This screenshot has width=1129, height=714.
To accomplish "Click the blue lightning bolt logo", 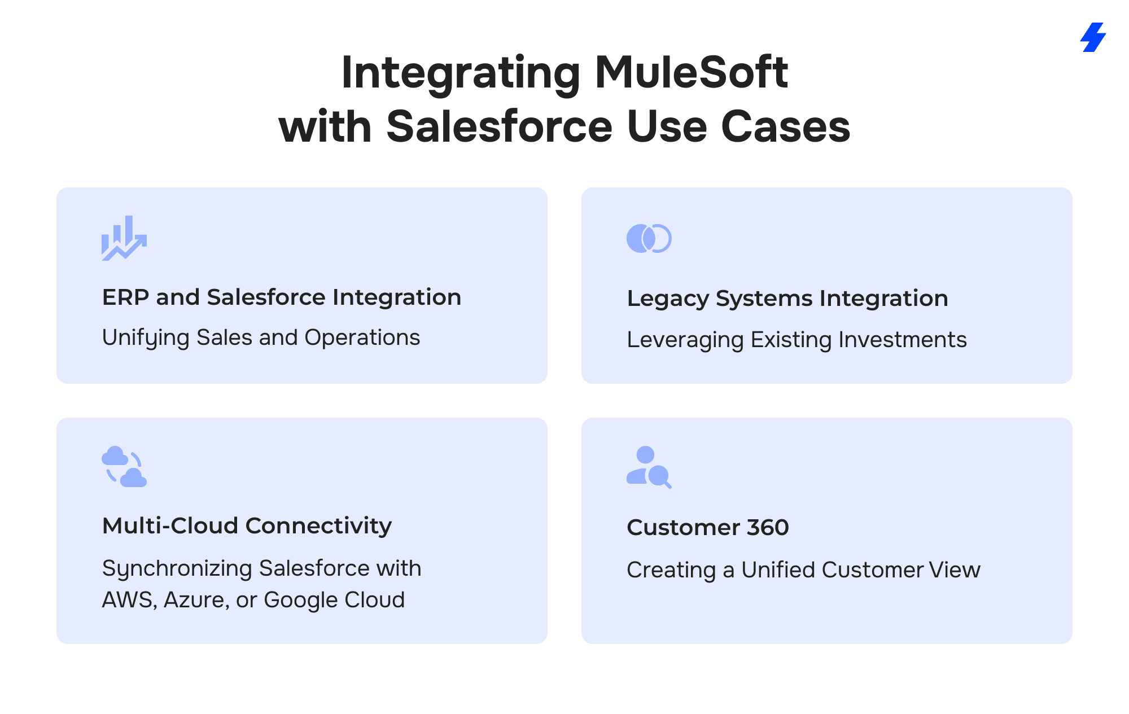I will click(1093, 37).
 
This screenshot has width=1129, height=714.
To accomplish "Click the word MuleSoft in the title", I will click(691, 72).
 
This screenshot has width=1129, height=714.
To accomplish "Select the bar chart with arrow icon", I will click(124, 238).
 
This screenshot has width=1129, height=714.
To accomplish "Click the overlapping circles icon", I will click(649, 238).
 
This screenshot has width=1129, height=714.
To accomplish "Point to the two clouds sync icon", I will click(124, 467).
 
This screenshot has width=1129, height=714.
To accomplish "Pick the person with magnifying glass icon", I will click(649, 467).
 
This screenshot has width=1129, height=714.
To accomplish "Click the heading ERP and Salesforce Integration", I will click(281, 297).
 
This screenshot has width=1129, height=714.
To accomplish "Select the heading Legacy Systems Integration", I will click(787, 298).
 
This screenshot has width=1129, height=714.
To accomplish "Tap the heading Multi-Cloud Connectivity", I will click(247, 525).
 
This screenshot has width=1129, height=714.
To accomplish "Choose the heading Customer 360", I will click(707, 527).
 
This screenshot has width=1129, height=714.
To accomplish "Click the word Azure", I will click(195, 600).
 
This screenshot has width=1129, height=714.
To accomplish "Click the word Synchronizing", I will click(177, 568).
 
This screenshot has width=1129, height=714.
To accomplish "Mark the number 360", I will click(767, 527).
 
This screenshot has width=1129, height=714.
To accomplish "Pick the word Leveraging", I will click(685, 340).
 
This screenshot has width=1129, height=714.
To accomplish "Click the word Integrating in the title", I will click(461, 72).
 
